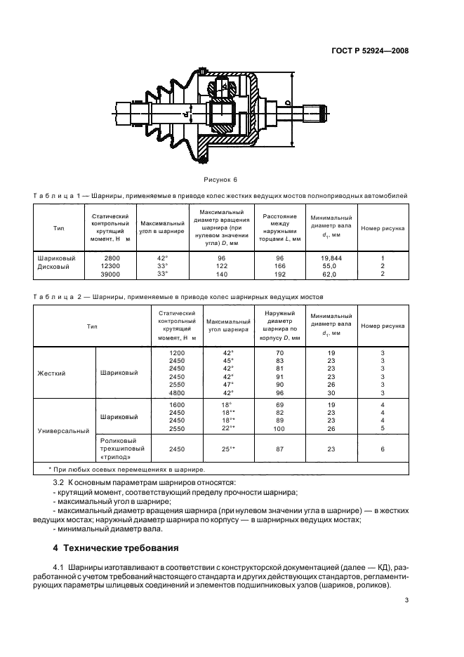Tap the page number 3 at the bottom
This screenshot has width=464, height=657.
point(406,599)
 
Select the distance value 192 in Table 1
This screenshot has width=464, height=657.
point(279,274)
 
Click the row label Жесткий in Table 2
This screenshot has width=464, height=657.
point(51,373)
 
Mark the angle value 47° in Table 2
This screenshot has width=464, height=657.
point(227,385)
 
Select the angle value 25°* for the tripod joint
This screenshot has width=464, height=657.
point(227,449)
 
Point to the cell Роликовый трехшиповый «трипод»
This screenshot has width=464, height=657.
point(123,449)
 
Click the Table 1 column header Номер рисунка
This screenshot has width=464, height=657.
point(383,228)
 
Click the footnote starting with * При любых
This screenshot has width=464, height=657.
point(126,468)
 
